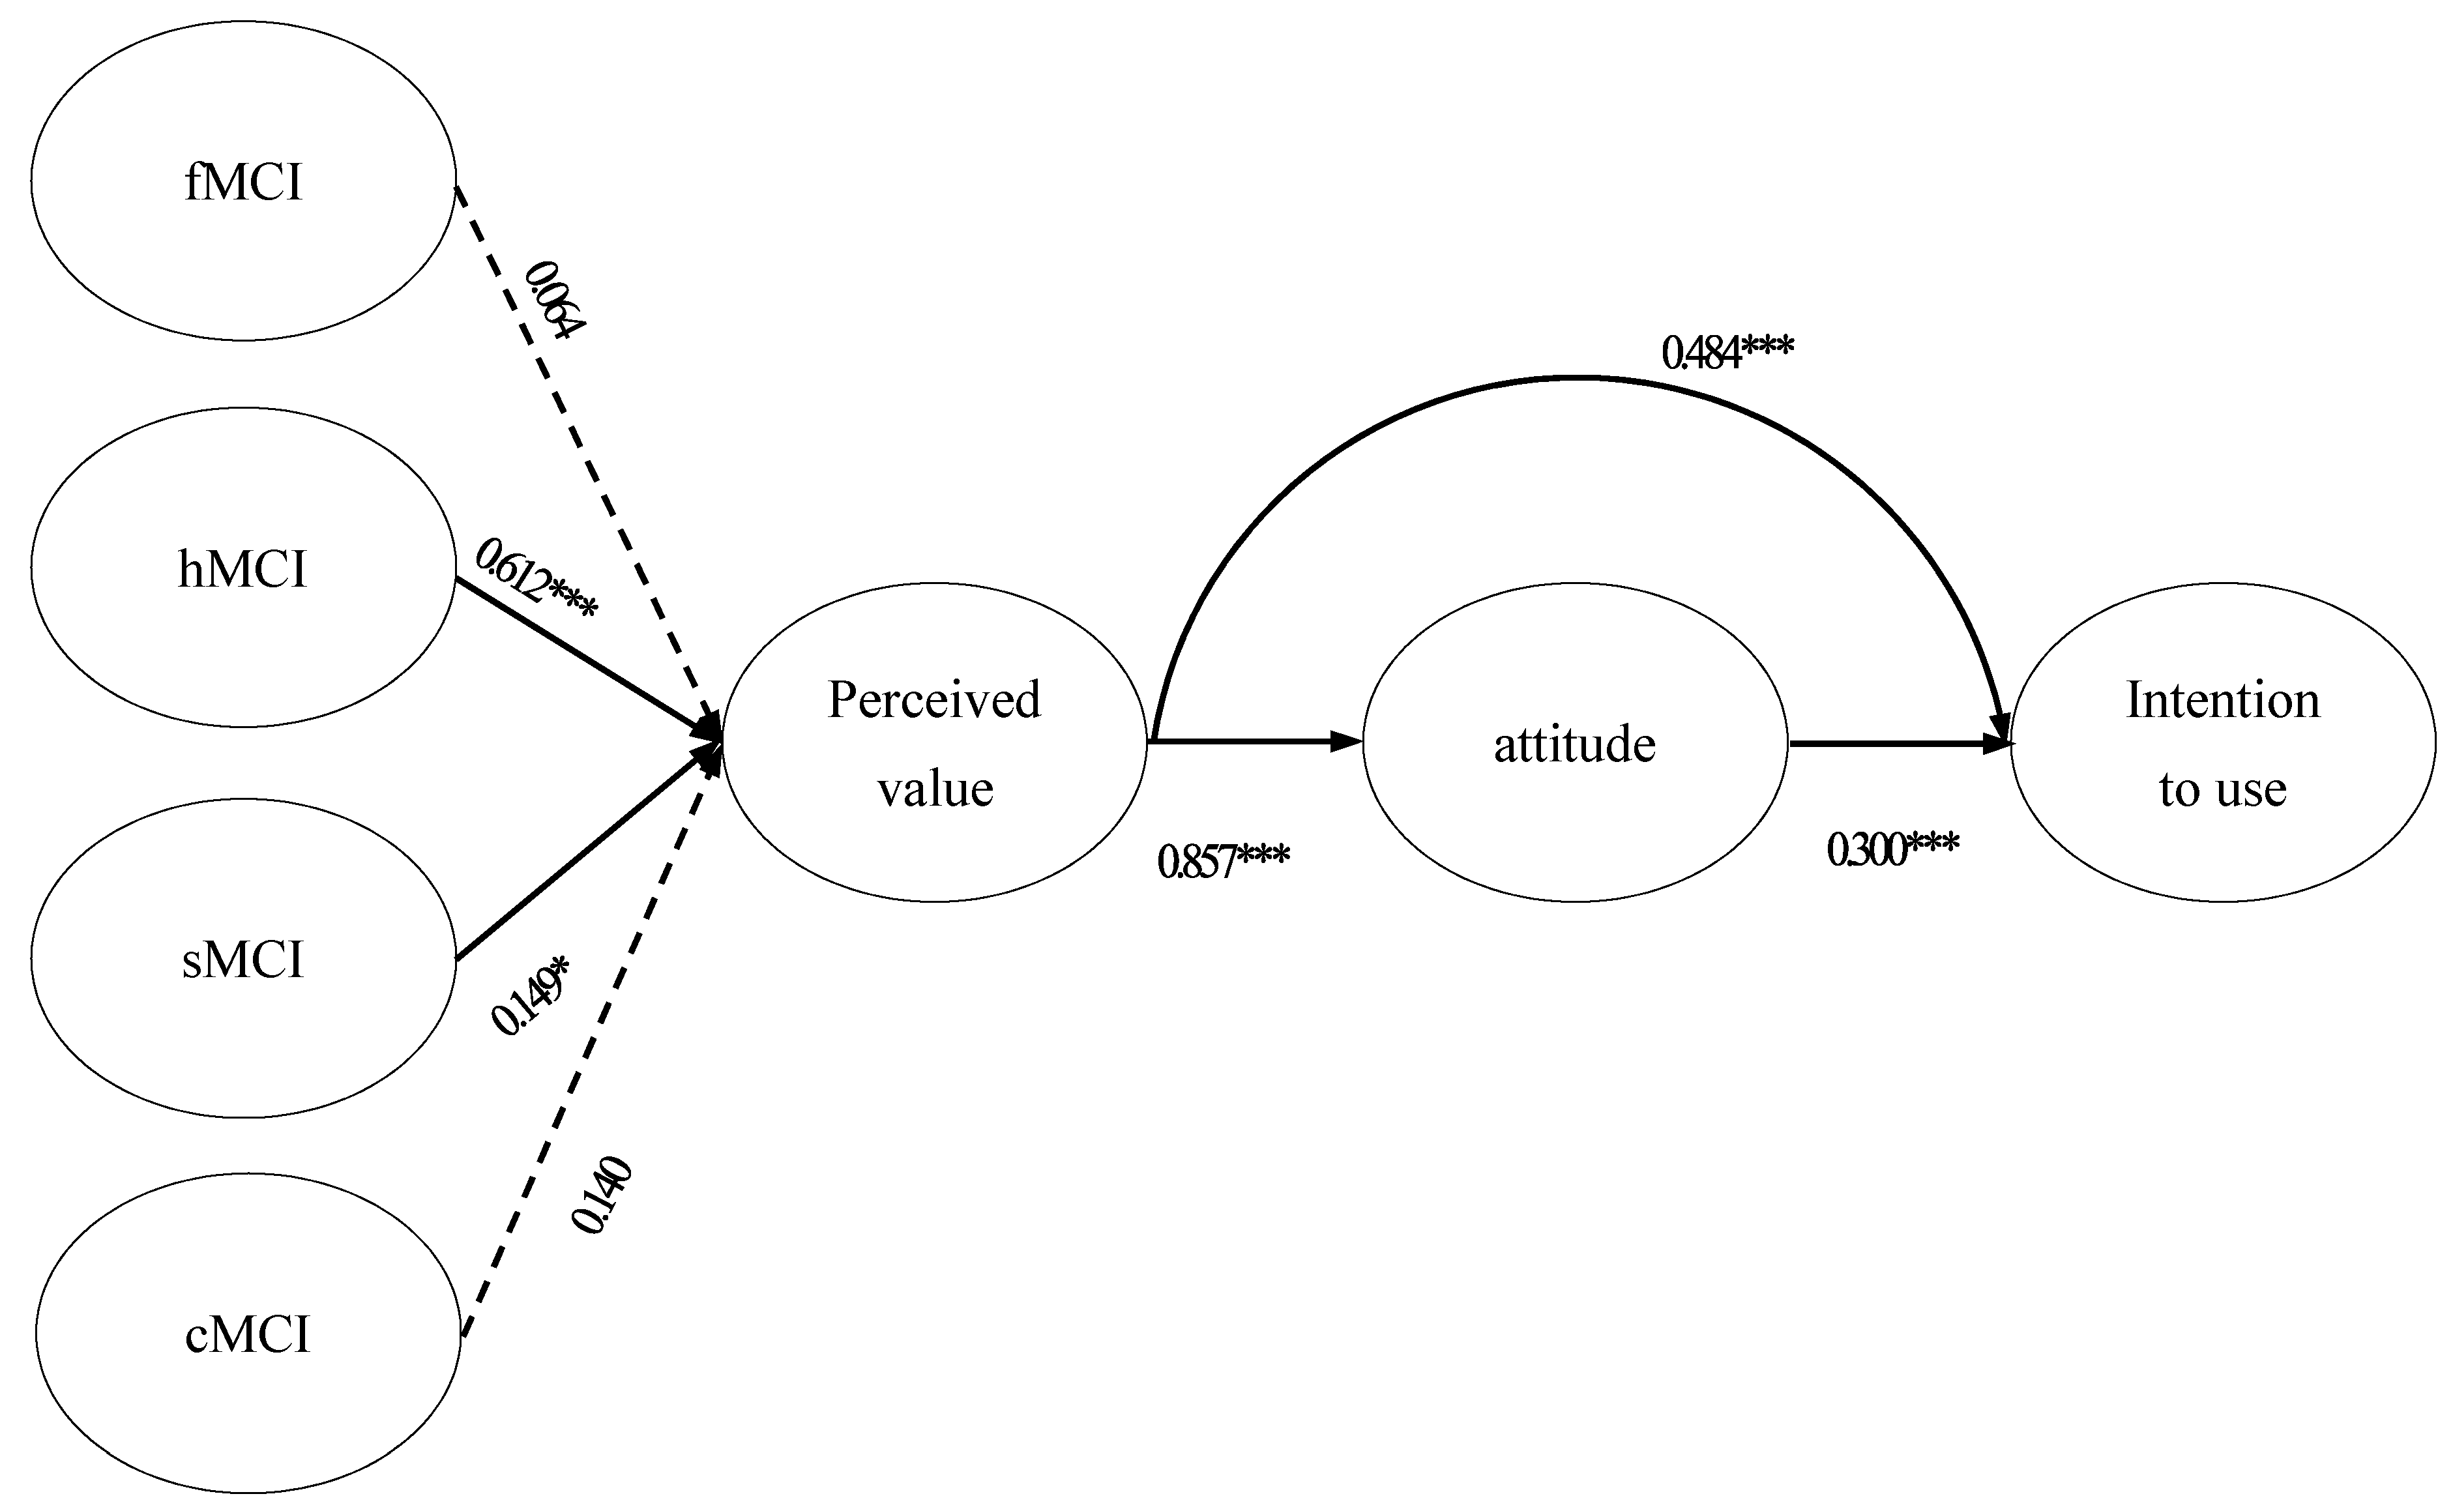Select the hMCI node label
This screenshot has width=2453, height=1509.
pos(242,569)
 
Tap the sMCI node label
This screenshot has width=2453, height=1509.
pos(242,959)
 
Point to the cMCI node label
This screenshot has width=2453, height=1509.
pos(248,1334)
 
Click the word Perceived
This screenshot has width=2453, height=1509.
pos(934,699)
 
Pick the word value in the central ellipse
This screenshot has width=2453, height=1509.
pos(935,789)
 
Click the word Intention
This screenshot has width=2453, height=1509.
pos(2222,699)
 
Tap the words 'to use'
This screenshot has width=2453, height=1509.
pos(2222,789)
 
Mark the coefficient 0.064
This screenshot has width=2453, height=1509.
pos(555,299)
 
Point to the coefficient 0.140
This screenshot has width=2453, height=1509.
pos(601,1195)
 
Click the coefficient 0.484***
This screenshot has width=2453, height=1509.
pos(1726,352)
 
